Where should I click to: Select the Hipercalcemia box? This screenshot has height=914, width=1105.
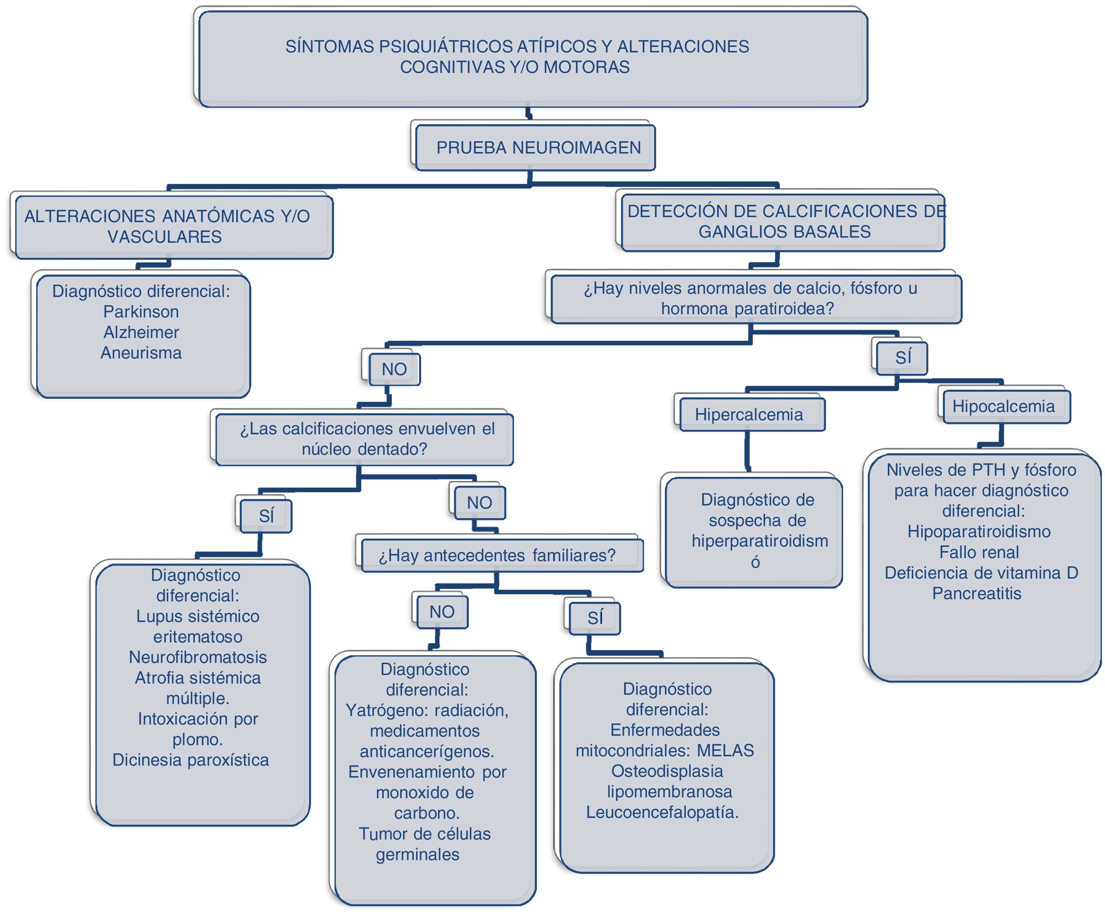coord(752,415)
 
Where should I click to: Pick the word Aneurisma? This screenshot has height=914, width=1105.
coord(141,353)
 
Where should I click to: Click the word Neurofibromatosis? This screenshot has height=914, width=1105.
coord(198,657)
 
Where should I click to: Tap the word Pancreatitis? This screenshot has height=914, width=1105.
coord(977,593)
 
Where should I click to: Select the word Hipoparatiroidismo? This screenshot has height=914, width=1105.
coord(979,531)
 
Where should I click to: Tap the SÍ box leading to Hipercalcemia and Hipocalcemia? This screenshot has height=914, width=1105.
coord(902,358)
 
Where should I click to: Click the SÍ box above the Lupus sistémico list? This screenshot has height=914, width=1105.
coord(266,516)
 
